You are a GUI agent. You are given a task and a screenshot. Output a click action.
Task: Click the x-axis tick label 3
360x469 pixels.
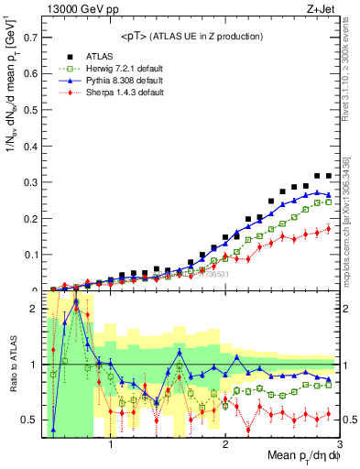(338, 446)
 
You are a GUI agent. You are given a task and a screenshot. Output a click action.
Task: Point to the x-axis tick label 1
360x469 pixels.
(111, 446)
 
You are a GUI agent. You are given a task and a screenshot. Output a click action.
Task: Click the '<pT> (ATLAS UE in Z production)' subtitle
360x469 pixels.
(191, 36)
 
